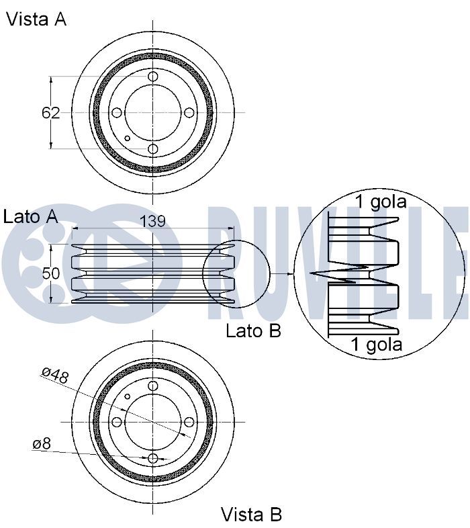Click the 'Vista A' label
point(36,19)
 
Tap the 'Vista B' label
point(251,515)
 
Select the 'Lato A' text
point(30,216)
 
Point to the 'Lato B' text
point(253,331)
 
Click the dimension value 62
point(50,113)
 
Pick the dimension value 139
point(152,221)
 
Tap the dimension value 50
point(51,273)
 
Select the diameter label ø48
point(56,375)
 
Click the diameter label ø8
point(42,444)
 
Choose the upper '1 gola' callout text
point(381,202)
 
